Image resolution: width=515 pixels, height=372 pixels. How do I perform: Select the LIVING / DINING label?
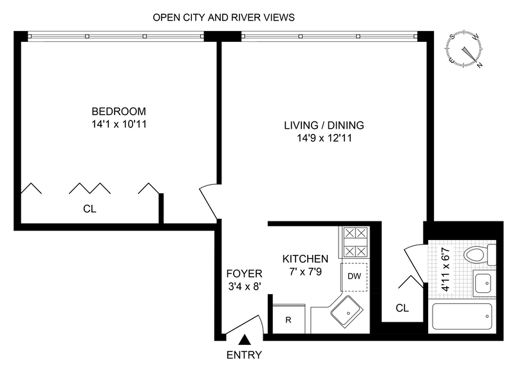pyautogui.click(x=324, y=125)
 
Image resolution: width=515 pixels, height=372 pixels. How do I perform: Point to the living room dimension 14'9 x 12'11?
pyautogui.click(x=324, y=137)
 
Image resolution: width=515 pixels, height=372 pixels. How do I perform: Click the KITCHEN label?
pyautogui.click(x=305, y=259)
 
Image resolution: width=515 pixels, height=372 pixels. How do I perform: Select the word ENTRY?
pyautogui.click(x=245, y=355)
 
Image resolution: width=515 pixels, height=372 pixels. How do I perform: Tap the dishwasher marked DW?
pyautogui.click(x=353, y=276)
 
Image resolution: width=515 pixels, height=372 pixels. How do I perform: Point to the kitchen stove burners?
pyautogui.click(x=355, y=242)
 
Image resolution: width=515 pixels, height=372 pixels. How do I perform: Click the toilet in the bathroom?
pyautogui.click(x=479, y=256)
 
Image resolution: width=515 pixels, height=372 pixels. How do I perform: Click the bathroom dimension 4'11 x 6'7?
pyautogui.click(x=445, y=270)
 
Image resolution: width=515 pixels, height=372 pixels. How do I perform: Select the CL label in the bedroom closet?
pyautogui.click(x=89, y=209)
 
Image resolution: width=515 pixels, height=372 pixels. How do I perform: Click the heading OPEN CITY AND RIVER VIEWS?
pyautogui.click(x=223, y=17)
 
